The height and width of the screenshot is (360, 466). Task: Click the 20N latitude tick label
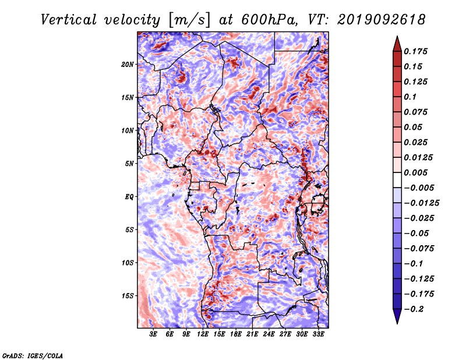[x=127, y=65]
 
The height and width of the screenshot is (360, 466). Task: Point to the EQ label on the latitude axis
[x=129, y=197]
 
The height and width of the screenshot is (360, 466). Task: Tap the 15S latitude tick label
[x=127, y=296]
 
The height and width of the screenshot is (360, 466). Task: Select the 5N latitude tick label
[x=129, y=164]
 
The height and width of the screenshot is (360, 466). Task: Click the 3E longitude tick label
[x=153, y=334]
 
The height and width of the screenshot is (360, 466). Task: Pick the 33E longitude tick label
[x=318, y=334]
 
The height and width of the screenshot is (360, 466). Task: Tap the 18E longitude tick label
[x=236, y=334]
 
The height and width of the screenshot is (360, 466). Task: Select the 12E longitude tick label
[x=203, y=334]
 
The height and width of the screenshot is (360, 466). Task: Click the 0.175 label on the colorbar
[x=415, y=51]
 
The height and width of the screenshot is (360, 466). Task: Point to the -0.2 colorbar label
[x=414, y=309]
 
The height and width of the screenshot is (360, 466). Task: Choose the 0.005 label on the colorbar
[x=415, y=172]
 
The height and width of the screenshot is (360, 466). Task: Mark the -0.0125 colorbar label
[x=421, y=203]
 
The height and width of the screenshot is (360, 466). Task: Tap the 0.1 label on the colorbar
[x=410, y=97]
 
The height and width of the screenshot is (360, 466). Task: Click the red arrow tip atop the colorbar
[x=397, y=36]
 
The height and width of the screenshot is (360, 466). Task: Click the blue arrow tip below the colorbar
[x=397, y=323]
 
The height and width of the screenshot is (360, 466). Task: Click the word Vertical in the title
[x=69, y=20]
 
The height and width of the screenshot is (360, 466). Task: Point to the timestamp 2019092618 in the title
[x=382, y=20]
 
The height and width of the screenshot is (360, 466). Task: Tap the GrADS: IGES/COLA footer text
[x=33, y=355]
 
